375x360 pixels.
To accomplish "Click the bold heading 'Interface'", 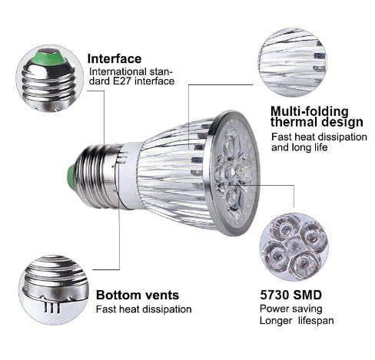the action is [114, 59].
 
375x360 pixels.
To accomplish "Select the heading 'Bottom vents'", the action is [138, 295].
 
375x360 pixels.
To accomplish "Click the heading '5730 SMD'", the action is [290, 295].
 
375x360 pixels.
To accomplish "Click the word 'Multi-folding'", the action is [310, 111].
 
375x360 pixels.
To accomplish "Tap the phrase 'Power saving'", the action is [290, 309].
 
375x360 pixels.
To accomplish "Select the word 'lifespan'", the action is [316, 321].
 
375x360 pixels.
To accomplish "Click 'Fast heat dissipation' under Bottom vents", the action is [144, 309].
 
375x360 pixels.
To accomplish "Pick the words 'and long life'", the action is [300, 147].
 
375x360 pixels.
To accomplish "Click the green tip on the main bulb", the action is [71, 177].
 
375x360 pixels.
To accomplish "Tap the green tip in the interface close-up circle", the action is [48, 57].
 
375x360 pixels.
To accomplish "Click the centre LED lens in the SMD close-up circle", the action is [294, 245].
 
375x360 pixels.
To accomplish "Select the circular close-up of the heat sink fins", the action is [293, 62].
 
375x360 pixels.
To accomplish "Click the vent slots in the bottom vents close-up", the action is [51, 306].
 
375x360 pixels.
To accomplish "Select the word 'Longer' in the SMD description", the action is [276, 321].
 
